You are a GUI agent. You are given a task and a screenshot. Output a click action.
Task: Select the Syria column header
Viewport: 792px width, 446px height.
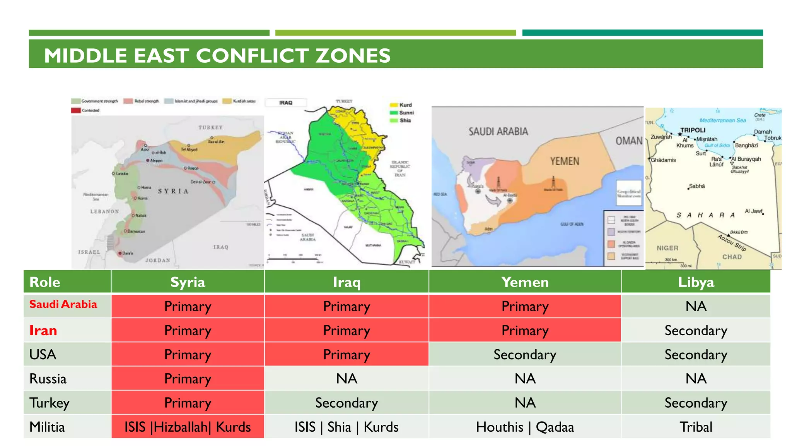pyautogui.click(x=188, y=282)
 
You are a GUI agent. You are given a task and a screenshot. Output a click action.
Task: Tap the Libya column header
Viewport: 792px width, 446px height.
pyautogui.click(x=696, y=282)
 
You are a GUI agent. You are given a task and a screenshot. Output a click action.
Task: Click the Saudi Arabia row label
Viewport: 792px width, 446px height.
pyautogui.click(x=63, y=304)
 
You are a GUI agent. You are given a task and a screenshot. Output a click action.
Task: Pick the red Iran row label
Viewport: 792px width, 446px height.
pyautogui.click(x=43, y=330)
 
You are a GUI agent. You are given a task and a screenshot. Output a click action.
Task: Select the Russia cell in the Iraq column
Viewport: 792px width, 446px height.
pyautogui.click(x=346, y=378)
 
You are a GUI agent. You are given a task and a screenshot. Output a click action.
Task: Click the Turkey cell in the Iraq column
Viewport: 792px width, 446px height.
pyautogui.click(x=346, y=403)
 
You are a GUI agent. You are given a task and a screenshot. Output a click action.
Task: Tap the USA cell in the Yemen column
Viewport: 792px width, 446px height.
pyautogui.click(x=525, y=355)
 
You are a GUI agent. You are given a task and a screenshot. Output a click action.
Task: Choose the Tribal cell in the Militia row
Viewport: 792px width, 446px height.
pyautogui.click(x=696, y=427)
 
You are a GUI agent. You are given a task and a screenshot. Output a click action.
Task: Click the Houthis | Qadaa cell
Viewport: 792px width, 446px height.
pyautogui.click(x=525, y=427)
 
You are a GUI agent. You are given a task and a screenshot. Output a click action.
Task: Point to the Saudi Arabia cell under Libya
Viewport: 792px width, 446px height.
pyautogui.click(x=696, y=306)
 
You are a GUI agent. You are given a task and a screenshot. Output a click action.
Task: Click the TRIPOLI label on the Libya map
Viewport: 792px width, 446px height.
pyautogui.click(x=693, y=130)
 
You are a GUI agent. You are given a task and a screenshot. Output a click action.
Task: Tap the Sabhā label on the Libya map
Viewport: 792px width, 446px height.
pyautogui.click(x=697, y=186)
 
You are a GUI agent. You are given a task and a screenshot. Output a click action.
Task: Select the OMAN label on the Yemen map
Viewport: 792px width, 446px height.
pyautogui.click(x=629, y=141)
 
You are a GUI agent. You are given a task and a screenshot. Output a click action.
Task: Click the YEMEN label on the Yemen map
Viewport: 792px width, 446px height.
pyautogui.click(x=565, y=161)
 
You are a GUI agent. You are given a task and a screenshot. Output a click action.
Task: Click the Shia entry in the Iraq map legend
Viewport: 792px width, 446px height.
pyautogui.click(x=405, y=120)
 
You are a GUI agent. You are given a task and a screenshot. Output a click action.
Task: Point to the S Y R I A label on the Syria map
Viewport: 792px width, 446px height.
pyautogui.click(x=173, y=191)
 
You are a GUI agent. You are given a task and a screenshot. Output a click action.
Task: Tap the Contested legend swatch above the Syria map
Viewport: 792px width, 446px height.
pyautogui.click(x=76, y=110)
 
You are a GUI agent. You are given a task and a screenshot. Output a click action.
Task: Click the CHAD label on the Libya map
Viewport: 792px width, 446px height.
pyautogui.click(x=732, y=257)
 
